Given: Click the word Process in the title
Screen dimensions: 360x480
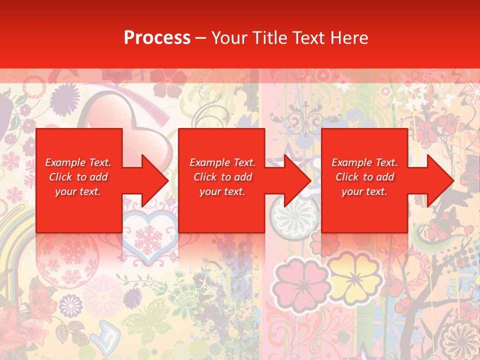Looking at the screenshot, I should [x=157, y=38].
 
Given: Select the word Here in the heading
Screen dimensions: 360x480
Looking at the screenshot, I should [x=349, y=38].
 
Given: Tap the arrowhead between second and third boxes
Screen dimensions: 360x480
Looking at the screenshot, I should [x=297, y=180].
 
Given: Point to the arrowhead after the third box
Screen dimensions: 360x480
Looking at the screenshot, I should [x=439, y=180].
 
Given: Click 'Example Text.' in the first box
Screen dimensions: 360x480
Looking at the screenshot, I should [x=78, y=162].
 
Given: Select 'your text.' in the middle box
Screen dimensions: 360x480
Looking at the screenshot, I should [x=222, y=191].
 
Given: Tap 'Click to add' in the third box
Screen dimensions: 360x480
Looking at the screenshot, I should [x=364, y=177].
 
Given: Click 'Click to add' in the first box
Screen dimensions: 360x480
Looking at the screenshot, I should [x=78, y=177].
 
